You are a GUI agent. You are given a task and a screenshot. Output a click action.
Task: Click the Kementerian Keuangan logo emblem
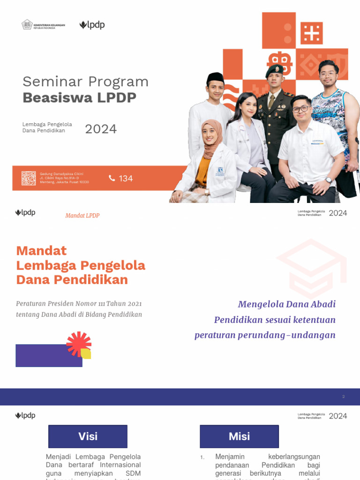[x=27, y=24]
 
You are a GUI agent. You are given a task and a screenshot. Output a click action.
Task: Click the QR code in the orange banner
[x=29, y=178]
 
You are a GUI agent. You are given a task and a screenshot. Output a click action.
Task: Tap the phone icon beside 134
[x=112, y=178]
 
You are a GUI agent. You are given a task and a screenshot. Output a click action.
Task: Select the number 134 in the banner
[x=126, y=179]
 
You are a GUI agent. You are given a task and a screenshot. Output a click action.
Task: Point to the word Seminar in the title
[x=49, y=82]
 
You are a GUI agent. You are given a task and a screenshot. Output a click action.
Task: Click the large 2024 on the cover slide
[x=101, y=129]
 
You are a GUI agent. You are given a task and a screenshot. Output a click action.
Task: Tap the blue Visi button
[x=88, y=436]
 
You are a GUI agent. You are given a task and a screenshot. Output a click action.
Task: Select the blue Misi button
[x=239, y=436]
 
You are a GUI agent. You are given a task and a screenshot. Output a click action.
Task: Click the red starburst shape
[x=78, y=344]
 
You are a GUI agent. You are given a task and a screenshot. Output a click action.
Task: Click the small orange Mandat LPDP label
[x=82, y=216]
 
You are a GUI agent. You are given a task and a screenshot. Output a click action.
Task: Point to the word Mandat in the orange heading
[x=41, y=251]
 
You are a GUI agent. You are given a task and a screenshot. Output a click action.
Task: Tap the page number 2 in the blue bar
[x=343, y=397]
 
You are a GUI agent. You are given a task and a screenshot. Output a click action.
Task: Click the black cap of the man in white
[x=215, y=77]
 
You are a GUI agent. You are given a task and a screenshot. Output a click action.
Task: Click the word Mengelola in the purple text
[x=260, y=304]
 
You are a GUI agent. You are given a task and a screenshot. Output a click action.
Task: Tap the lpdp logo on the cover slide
[x=92, y=25]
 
